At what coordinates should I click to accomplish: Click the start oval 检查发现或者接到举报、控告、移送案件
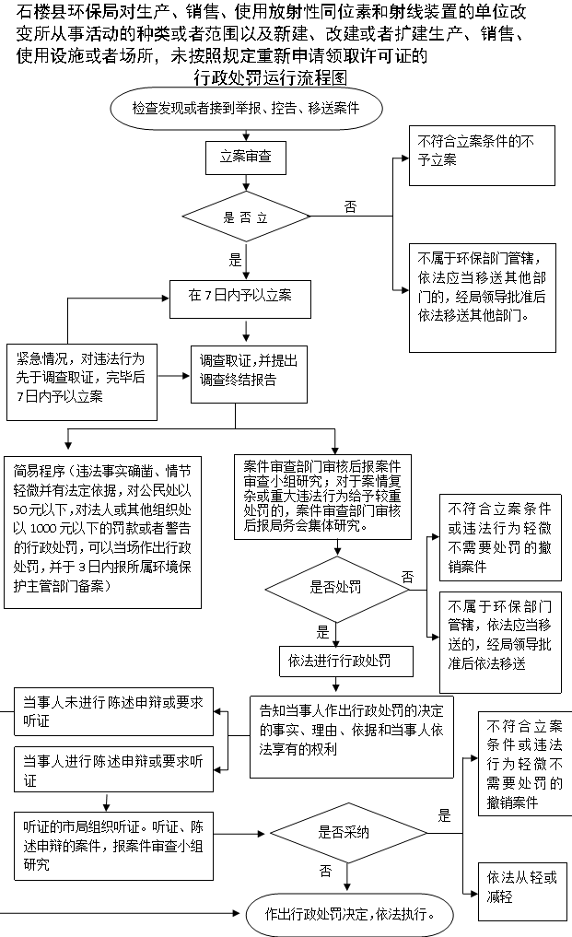246,108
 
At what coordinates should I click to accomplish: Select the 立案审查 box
246,158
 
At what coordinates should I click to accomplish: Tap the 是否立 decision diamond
246,217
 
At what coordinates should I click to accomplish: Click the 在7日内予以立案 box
240,299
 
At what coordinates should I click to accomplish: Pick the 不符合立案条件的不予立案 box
482,156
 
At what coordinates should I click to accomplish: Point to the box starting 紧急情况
82,381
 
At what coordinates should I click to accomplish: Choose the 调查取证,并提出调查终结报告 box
249,374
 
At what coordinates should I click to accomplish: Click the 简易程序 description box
102,533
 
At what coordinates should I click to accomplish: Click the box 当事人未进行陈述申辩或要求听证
113,711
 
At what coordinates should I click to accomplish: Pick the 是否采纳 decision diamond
348,833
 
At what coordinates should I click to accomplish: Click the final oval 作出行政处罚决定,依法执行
350,914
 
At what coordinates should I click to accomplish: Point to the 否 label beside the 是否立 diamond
350,206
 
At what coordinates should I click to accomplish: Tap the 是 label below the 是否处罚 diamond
322,632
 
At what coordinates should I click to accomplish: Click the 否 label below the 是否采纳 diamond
325,871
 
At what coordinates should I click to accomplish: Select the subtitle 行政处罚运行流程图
270,77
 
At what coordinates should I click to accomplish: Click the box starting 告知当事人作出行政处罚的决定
352,737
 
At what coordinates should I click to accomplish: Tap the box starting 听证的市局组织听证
113,846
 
